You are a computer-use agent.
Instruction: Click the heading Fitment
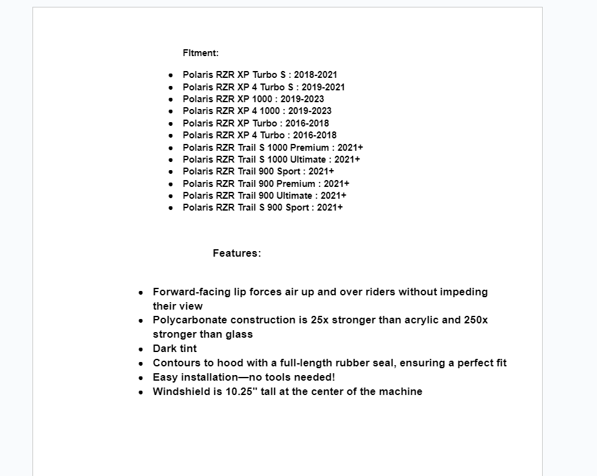(200, 53)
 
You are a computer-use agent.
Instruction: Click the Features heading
(236, 253)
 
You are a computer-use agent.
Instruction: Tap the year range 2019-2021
(323, 87)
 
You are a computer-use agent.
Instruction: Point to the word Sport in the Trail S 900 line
(298, 207)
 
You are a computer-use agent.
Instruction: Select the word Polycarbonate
(190, 320)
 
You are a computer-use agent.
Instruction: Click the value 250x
(476, 320)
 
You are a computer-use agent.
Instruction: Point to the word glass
(239, 334)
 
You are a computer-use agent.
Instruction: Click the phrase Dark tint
(175, 348)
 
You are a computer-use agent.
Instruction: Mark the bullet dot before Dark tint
(141, 349)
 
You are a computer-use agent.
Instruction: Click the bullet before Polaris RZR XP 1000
(171, 99)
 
